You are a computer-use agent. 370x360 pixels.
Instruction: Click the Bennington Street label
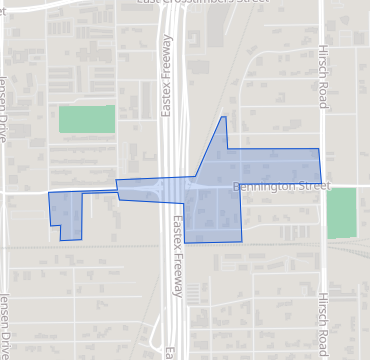coord(280,186)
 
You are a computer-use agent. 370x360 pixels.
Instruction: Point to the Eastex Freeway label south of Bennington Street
coord(177,258)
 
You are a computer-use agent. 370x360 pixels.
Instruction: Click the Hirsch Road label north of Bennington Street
coord(322,71)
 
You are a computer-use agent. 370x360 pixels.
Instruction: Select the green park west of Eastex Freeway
coord(87,119)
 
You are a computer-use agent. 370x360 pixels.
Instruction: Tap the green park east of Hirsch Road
coord(341,212)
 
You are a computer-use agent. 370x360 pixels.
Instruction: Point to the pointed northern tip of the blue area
coord(223,118)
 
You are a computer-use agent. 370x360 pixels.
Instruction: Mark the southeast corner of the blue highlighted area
coord(241,241)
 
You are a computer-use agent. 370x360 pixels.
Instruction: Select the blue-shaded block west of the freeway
coord(65,213)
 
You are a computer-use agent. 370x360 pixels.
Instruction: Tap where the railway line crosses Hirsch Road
coord(322,247)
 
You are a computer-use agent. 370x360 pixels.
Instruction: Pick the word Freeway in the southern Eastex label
coord(178,275)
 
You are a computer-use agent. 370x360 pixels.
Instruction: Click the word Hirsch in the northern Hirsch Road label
coord(322,57)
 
